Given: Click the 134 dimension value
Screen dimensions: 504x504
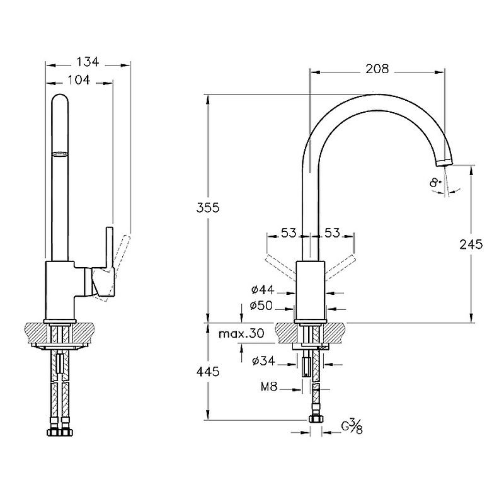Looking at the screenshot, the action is click(88, 62).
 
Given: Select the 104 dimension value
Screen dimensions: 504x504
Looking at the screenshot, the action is click(78, 80).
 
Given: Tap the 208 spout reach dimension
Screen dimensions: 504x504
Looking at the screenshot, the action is click(377, 69).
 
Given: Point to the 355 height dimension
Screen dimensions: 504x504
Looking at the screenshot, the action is click(208, 208).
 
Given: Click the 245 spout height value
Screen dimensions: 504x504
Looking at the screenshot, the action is click(471, 244).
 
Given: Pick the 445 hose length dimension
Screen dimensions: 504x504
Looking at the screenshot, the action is click(208, 372).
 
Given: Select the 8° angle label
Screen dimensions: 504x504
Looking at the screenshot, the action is click(435, 183).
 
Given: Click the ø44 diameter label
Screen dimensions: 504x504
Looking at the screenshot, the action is click(263, 290).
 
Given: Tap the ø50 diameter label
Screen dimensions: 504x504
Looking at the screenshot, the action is click(261, 306).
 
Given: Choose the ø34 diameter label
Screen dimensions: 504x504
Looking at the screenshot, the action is click(263, 361).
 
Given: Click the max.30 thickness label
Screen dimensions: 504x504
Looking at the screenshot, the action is click(241, 334).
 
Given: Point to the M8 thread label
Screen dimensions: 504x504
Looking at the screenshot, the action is click(269, 386).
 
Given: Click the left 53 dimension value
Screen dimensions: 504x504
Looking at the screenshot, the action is click(289, 232).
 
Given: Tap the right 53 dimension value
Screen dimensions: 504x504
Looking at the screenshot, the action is click(332, 232).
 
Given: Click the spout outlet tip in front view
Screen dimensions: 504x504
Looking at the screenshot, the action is click(444, 162).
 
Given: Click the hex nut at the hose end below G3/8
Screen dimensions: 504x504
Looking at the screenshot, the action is click(316, 419).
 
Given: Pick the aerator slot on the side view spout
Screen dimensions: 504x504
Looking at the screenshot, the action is click(60, 154).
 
